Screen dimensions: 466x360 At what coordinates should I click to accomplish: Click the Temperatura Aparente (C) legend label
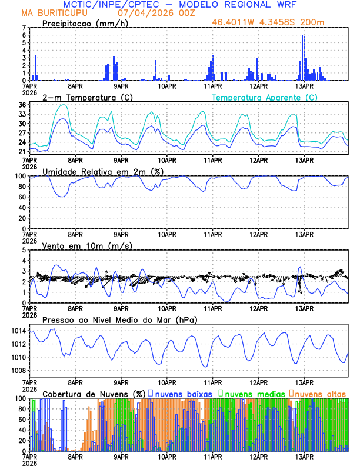[264, 97]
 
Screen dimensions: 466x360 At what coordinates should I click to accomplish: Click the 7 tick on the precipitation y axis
[24, 28]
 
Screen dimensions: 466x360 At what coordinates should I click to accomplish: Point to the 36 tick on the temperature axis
[22, 105]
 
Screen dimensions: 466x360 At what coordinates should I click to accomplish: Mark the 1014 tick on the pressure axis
[18, 331]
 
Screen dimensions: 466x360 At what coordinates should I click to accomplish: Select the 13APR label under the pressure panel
[304, 382]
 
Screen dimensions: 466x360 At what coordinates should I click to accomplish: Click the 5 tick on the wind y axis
[24, 250]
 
